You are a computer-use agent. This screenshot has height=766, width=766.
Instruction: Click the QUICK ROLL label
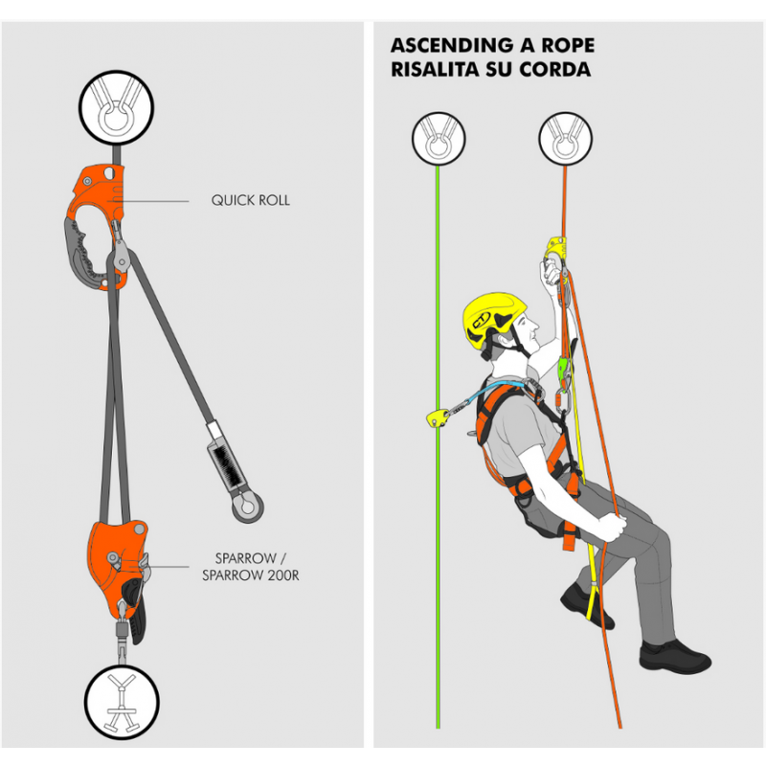tap(250, 200)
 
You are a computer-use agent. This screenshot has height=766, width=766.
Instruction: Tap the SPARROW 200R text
tap(251, 575)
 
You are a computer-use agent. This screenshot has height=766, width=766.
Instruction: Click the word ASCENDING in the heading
tap(452, 45)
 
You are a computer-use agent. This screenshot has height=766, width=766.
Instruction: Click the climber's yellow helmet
tap(493, 319)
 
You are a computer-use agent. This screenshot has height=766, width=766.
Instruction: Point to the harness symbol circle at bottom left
tap(122, 702)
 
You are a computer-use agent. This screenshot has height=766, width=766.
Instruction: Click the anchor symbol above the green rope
tap(439, 139)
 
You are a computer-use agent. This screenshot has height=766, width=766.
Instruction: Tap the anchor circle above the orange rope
tap(565, 139)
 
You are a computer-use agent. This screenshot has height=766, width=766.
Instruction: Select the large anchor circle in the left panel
tap(116, 108)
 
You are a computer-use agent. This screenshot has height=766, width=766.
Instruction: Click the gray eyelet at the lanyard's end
tap(248, 507)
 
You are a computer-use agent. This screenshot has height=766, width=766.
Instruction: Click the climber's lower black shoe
tap(675, 657)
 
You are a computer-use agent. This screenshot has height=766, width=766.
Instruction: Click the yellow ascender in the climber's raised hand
tap(556, 250)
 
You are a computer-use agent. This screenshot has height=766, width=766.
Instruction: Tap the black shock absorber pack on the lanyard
tap(226, 464)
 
